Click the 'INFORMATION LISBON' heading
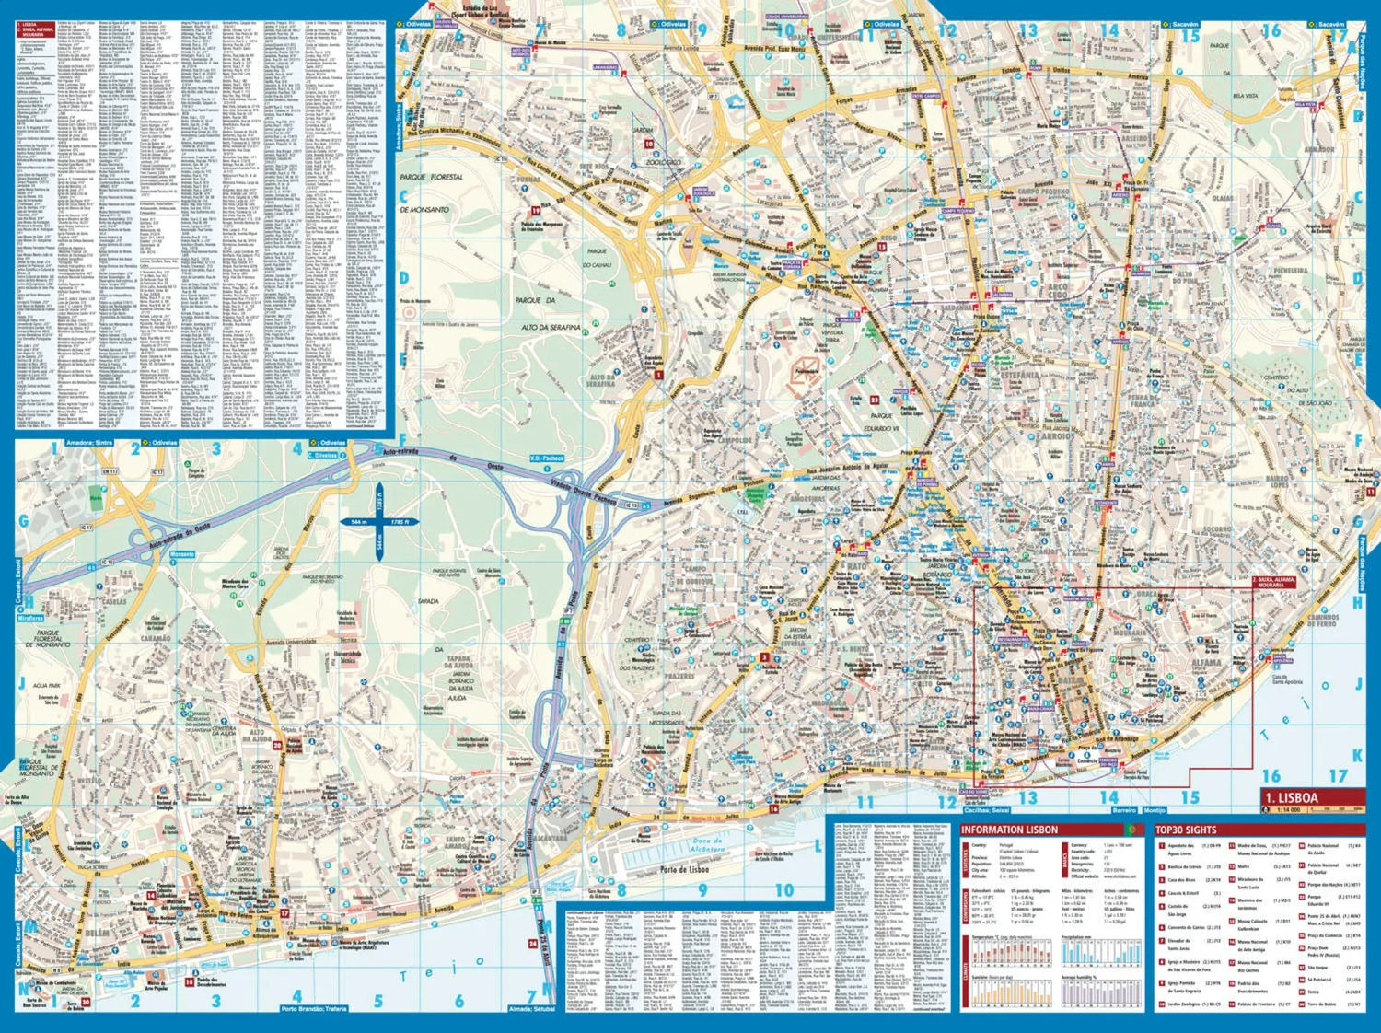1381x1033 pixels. [1008, 830]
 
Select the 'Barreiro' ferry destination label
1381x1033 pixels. [1124, 810]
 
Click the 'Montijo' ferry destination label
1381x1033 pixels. [1155, 810]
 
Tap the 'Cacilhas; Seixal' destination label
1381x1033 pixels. [987, 810]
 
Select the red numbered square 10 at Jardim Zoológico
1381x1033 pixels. [648, 144]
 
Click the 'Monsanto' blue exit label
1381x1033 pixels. [182, 554]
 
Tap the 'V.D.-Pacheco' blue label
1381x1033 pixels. [546, 458]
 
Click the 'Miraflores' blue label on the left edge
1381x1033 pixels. [29, 619]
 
